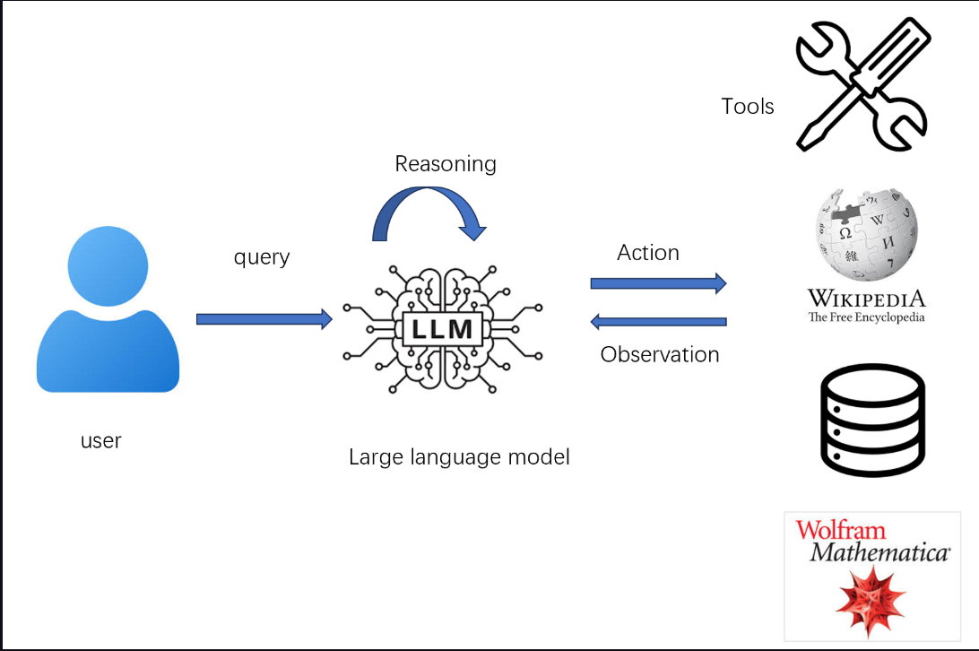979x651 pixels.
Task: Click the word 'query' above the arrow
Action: pyautogui.click(x=262, y=257)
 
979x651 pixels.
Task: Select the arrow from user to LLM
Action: pyautogui.click(x=264, y=319)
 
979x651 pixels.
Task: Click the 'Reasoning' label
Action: pyautogui.click(x=446, y=164)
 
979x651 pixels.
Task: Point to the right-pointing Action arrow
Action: pyautogui.click(x=658, y=283)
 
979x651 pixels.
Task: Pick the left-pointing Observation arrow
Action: pyautogui.click(x=658, y=322)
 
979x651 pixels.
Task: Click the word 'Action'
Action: pyautogui.click(x=648, y=253)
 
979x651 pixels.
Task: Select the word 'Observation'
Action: pyautogui.click(x=660, y=354)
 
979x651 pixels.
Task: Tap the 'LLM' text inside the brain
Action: pyautogui.click(x=443, y=329)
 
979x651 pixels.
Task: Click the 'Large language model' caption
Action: pyautogui.click(x=459, y=457)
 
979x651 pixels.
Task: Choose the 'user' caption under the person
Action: pyautogui.click(x=100, y=441)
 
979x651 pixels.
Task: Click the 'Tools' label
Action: pyautogui.click(x=748, y=107)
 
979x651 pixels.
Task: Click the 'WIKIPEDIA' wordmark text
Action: pyautogui.click(x=866, y=299)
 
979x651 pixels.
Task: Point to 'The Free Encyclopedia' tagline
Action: pyautogui.click(x=866, y=317)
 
